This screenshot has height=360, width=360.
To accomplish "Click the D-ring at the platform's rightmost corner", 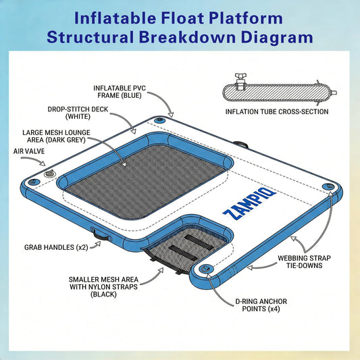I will click(328, 186).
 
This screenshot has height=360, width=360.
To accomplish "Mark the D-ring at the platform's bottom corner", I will click(207, 268).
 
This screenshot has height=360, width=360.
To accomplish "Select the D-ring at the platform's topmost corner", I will click(159, 120).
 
